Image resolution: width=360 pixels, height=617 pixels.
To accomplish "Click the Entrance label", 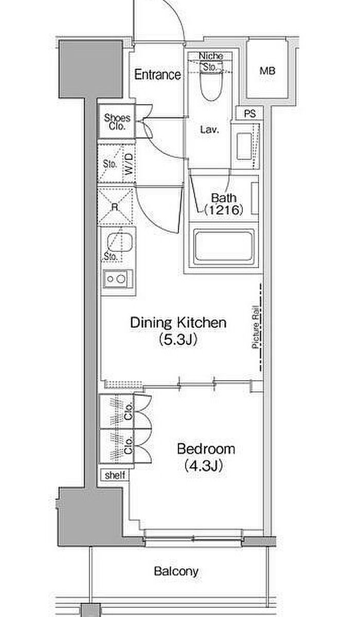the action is tap(157, 75).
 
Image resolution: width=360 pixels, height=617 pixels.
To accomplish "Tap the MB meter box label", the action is tap(267, 71).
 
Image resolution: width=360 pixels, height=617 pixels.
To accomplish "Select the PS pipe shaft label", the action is tap(249, 114).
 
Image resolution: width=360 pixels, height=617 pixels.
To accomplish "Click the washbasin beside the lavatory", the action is tap(245, 145).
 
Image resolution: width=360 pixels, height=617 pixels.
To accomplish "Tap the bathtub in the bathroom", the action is tap(224, 246).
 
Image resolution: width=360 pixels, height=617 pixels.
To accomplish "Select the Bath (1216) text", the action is tap(223, 204).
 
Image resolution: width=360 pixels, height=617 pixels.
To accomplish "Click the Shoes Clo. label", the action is tap(117, 122).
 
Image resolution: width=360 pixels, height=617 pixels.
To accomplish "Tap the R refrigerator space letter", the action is tap(115, 207).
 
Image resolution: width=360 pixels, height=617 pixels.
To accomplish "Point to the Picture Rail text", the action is tap(256, 327).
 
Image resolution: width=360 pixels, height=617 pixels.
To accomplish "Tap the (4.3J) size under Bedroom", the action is tap(204, 466).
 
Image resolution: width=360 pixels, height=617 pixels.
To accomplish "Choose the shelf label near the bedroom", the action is tap(115, 475).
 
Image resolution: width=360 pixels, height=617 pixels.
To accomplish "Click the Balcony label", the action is tap(176, 571).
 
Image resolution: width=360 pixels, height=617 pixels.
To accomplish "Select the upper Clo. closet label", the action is tap(128, 411).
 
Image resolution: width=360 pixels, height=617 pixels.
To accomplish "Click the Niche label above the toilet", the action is tap(211, 56).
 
